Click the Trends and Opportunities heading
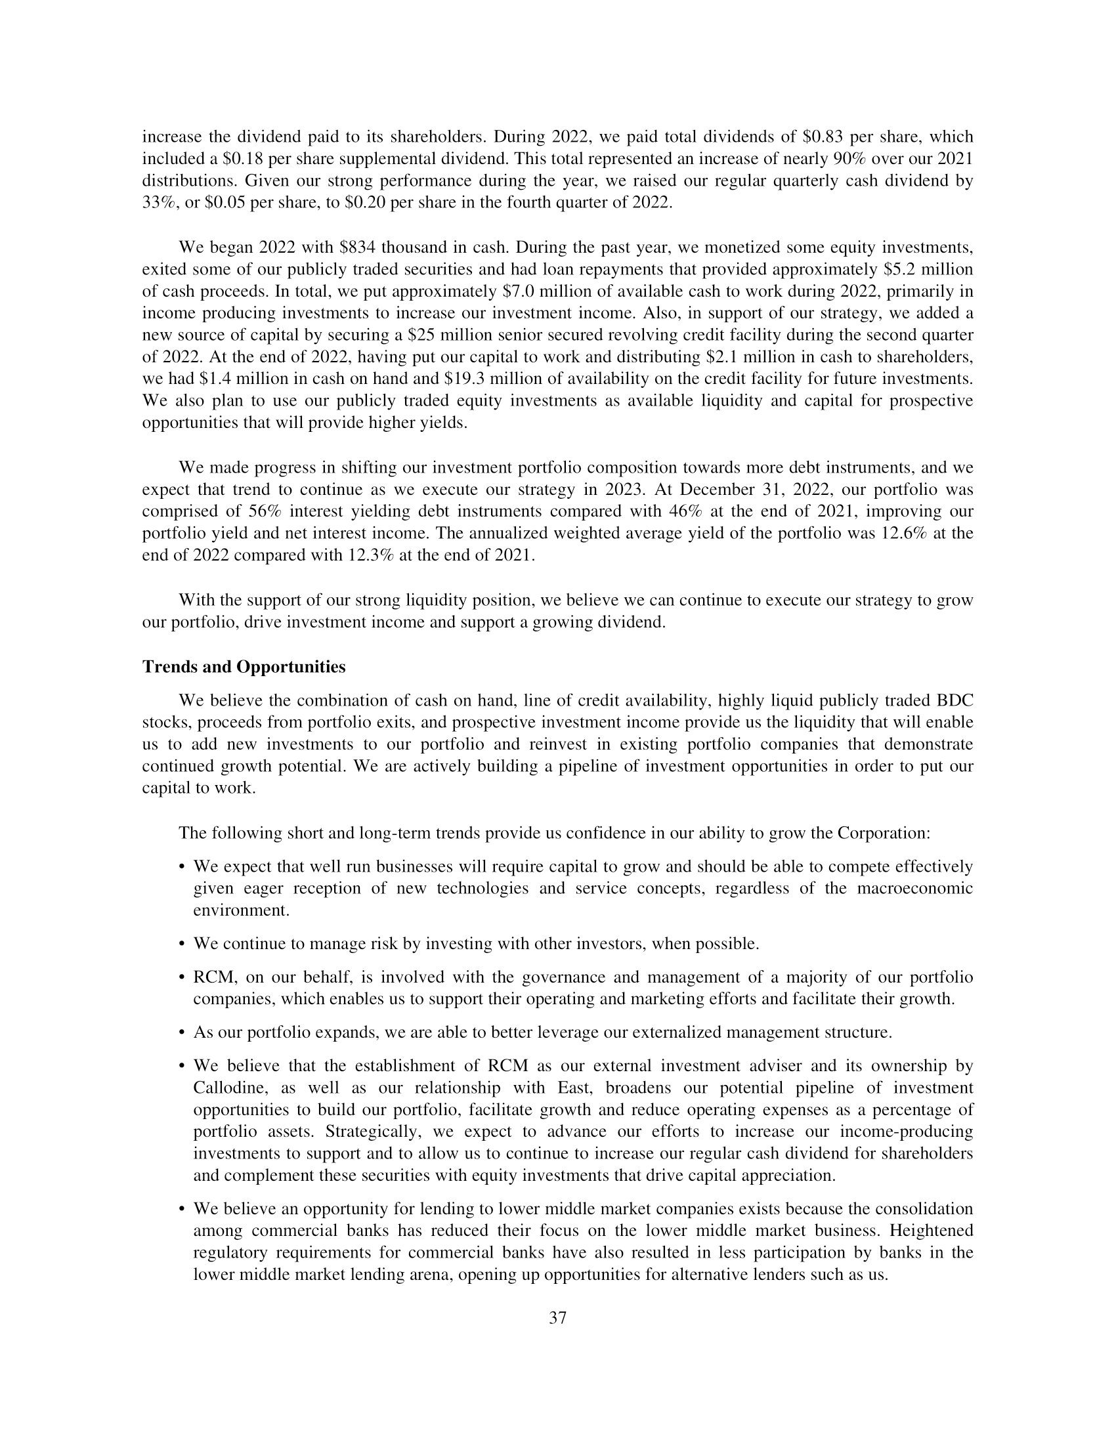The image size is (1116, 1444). pos(244,667)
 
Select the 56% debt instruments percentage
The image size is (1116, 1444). pos(267,511)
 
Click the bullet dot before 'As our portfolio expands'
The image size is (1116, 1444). pos(182,1032)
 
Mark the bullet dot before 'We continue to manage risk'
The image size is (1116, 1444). pos(182,943)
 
